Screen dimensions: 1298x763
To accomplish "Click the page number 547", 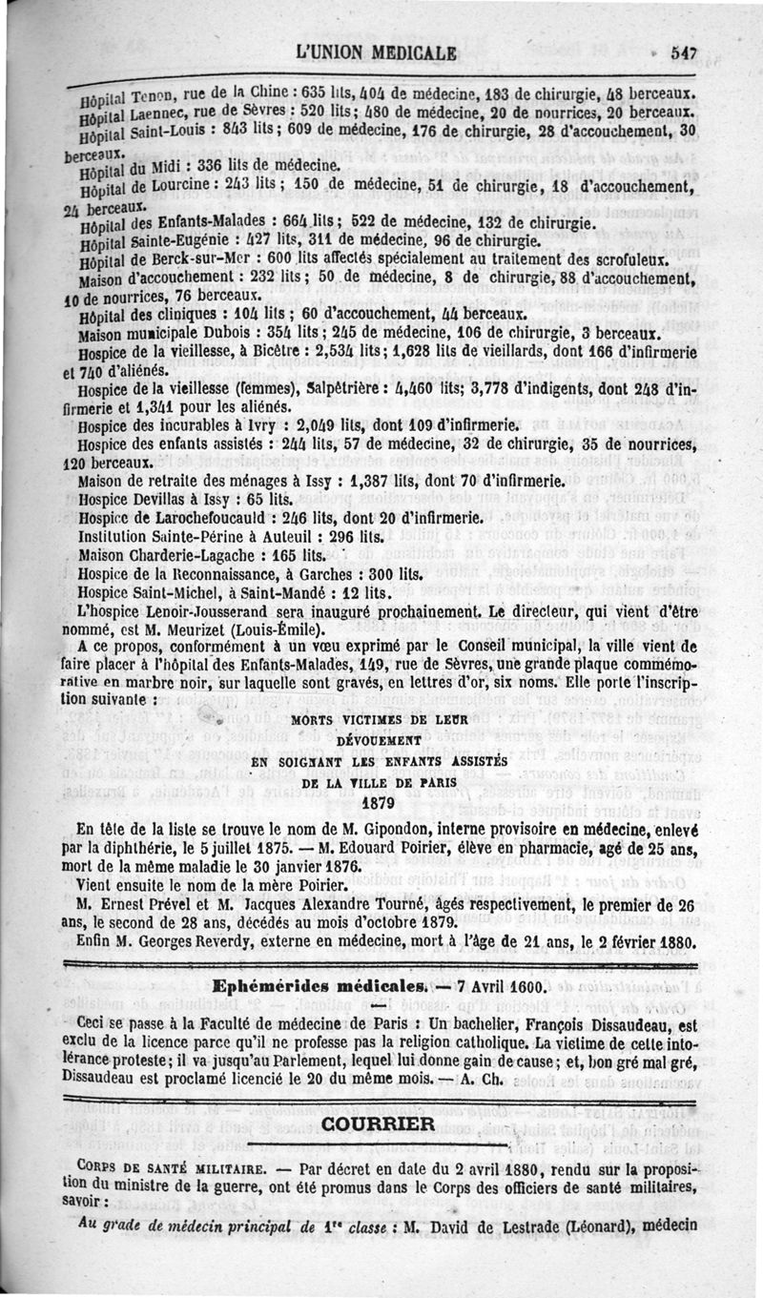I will [684, 53].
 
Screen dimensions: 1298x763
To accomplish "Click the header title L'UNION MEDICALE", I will [376, 52].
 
